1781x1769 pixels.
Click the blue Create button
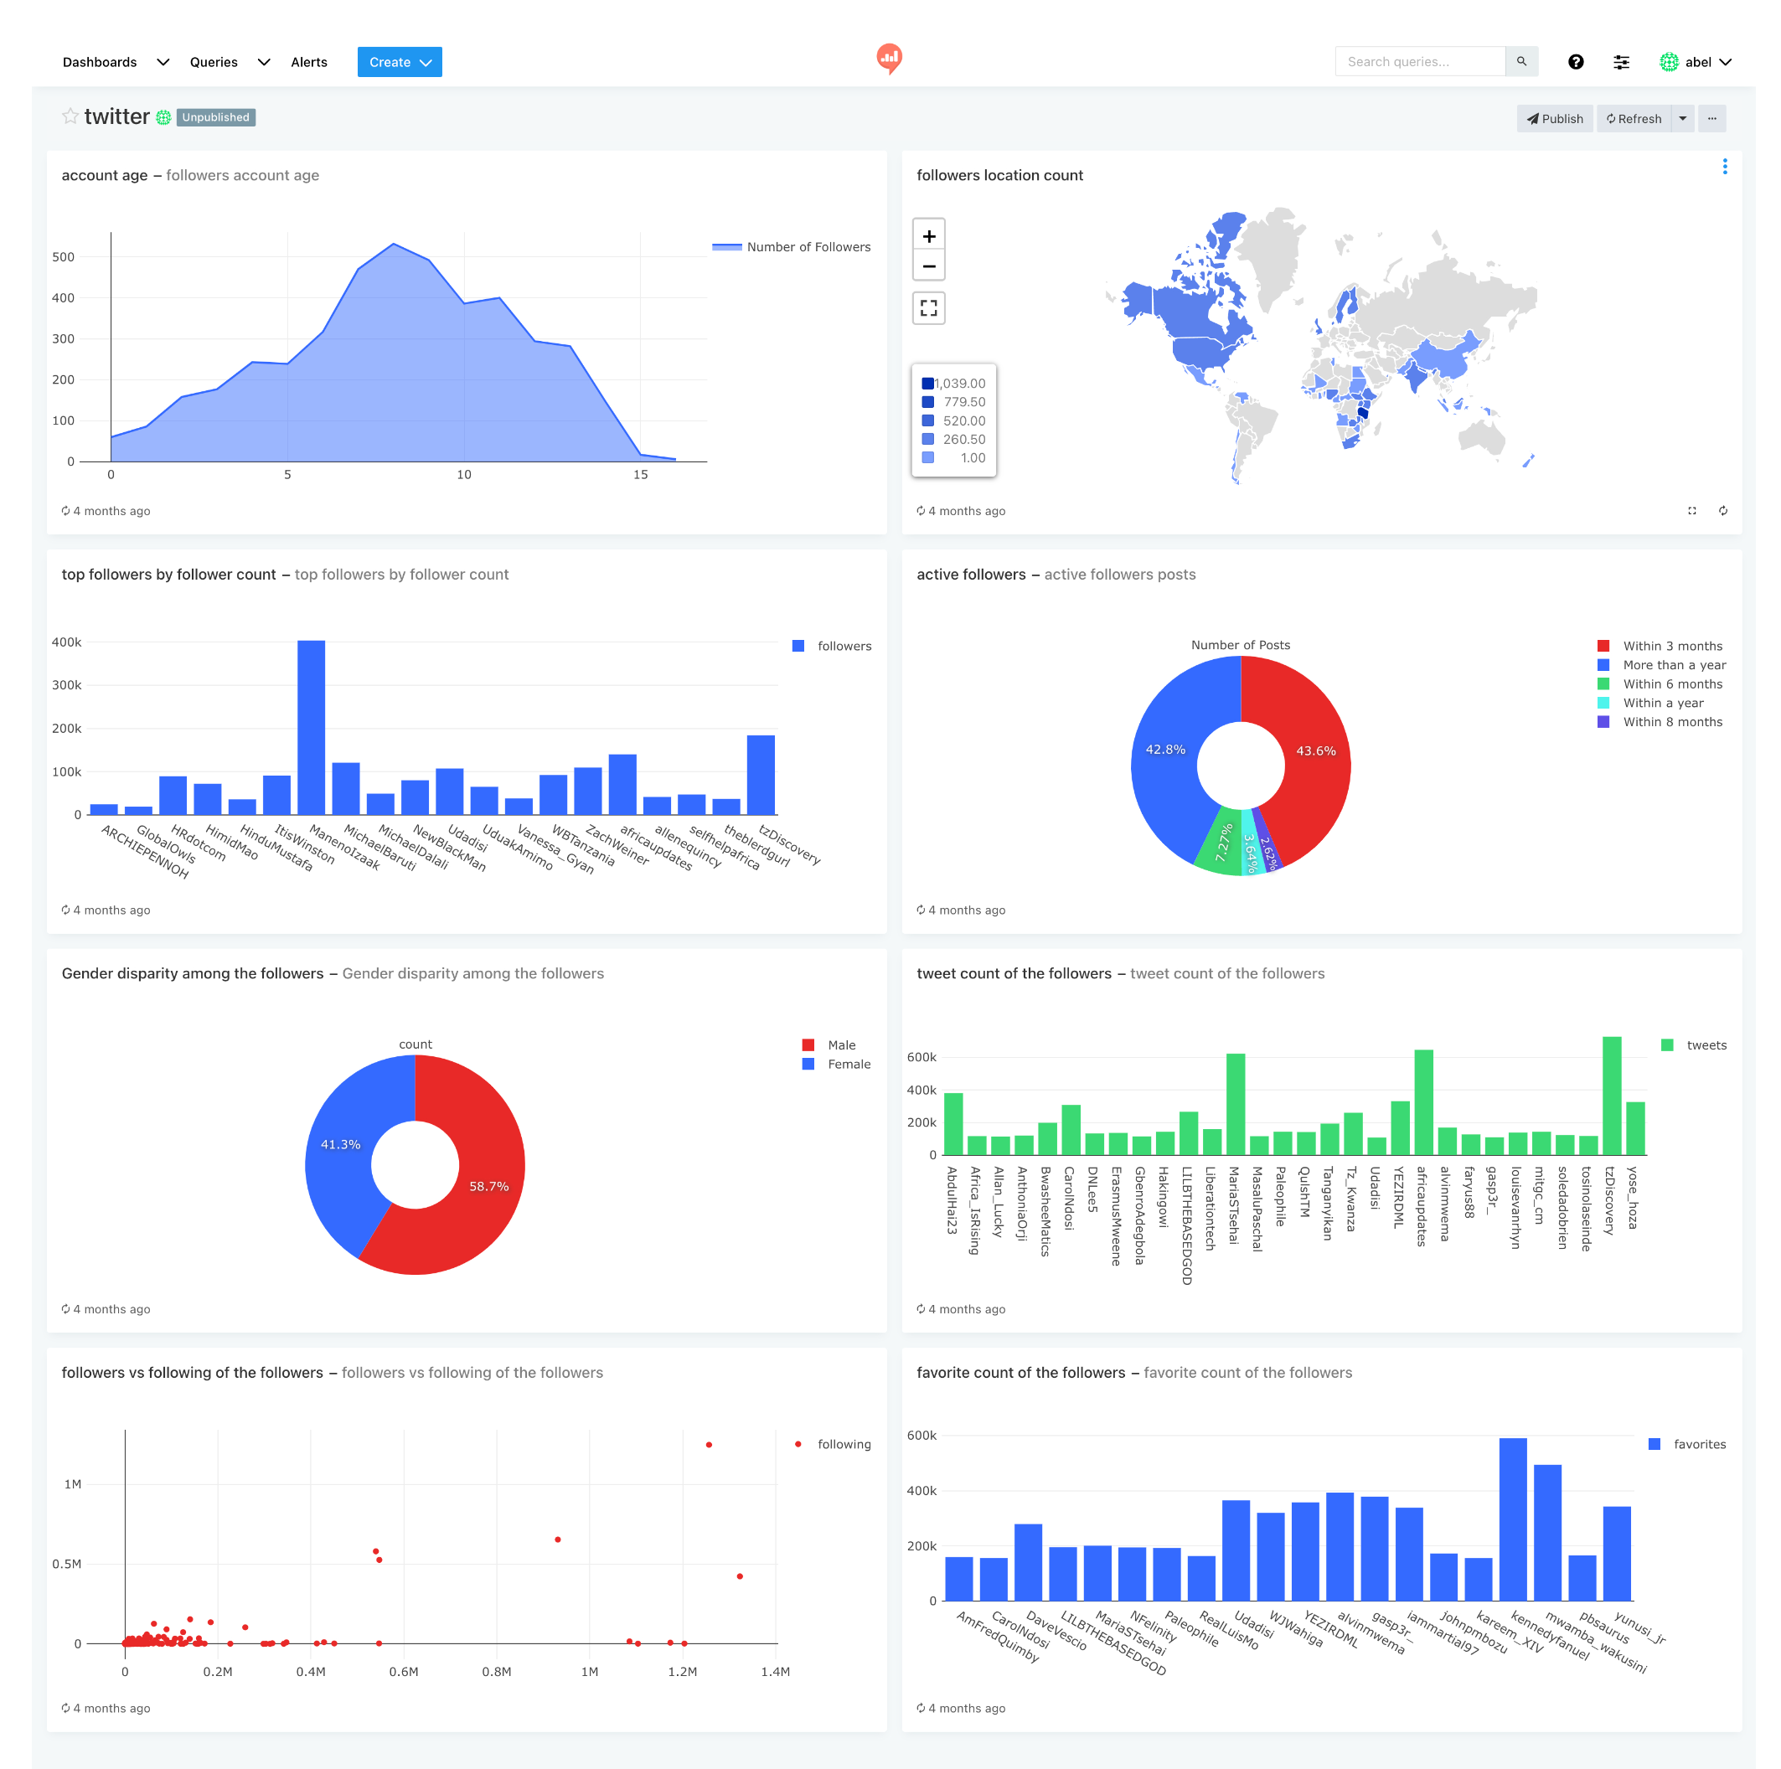(398, 62)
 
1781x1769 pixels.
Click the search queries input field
(1420, 62)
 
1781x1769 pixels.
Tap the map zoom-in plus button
(928, 236)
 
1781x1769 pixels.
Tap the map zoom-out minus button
(928, 266)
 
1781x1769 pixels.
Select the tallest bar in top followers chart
(311, 728)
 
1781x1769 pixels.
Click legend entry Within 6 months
(1671, 684)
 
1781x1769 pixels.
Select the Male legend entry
(839, 1044)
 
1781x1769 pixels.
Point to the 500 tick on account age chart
(64, 256)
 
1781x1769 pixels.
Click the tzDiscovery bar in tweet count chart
(1610, 1097)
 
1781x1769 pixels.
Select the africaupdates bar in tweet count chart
(1422, 1103)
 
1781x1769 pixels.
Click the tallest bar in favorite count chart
(1512, 1519)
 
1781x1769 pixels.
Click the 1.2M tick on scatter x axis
(682, 1671)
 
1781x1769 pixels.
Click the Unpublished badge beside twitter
(215, 117)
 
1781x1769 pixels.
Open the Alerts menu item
(309, 62)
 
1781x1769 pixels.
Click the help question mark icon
(1575, 62)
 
